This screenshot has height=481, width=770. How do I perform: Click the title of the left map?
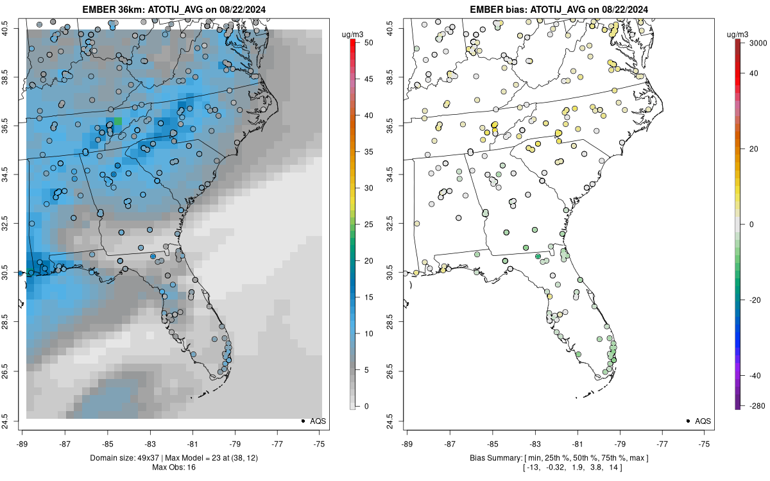[x=174, y=9]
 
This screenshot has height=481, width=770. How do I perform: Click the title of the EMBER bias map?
[x=559, y=9]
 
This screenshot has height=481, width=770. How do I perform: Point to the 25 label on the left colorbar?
[x=369, y=224]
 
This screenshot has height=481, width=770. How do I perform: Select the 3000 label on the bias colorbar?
[x=758, y=42]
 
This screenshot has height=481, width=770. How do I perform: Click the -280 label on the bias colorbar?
[x=757, y=406]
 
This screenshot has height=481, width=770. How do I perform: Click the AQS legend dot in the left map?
[x=303, y=421]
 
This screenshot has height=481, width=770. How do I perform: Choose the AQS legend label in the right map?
[x=703, y=421]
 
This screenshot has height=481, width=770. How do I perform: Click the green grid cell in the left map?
[x=118, y=121]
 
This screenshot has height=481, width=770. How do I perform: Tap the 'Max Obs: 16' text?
[x=174, y=467]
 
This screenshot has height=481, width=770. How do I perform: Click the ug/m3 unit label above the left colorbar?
[x=352, y=35]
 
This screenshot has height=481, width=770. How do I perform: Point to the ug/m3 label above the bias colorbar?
[x=737, y=35]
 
